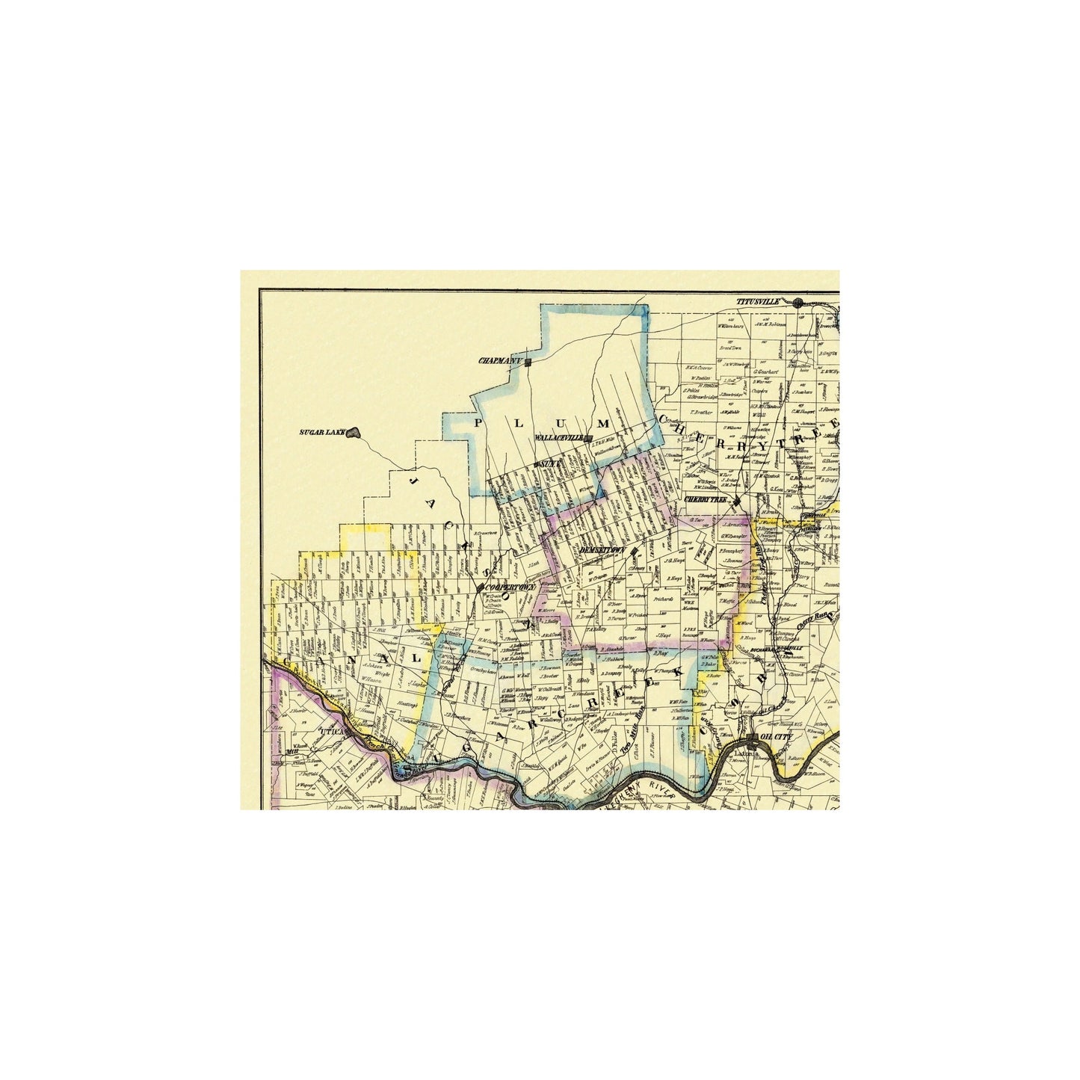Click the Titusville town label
point(759,301)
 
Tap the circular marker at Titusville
point(798,303)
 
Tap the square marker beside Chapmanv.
point(528,362)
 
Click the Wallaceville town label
point(560,438)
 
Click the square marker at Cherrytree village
point(737,500)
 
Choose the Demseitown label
point(602,549)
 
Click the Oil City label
point(774,737)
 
